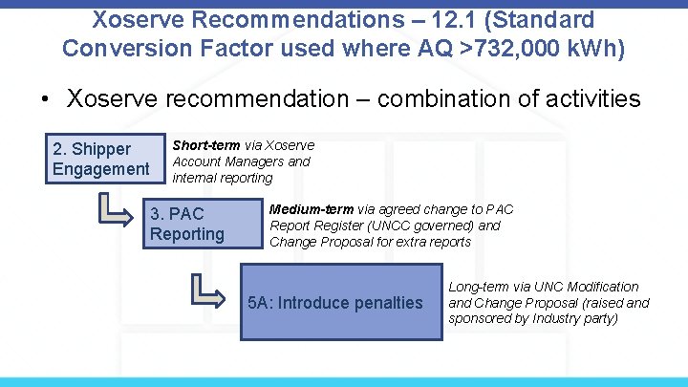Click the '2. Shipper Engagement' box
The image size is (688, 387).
point(100,159)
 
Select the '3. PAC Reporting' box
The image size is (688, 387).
point(203,223)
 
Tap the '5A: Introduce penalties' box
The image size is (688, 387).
point(335,303)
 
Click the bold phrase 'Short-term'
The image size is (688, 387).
point(205,145)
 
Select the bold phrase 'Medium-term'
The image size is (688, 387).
point(312,209)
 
